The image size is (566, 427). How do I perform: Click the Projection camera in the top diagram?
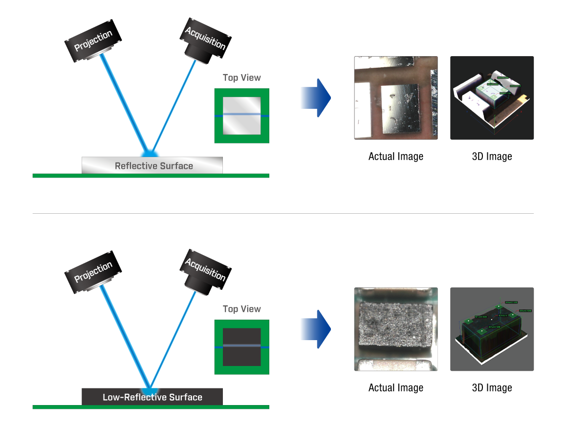[x=93, y=41]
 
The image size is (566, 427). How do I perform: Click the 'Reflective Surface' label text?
[x=153, y=166]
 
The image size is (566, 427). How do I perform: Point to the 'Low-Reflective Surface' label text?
[x=152, y=397]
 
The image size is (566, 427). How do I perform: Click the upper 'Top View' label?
[x=241, y=78]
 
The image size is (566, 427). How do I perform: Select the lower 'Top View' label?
[x=241, y=309]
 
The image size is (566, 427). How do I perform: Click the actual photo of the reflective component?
[x=395, y=98]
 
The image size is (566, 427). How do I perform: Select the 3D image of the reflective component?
[x=492, y=98]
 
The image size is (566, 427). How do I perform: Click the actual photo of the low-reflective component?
[x=395, y=329]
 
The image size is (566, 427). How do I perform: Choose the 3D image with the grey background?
[x=492, y=329]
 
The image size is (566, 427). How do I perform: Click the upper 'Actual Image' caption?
[x=395, y=157]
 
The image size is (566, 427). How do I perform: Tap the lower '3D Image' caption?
[x=492, y=388]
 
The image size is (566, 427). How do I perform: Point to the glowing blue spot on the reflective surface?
[x=152, y=149]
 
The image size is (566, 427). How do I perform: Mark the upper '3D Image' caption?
[x=492, y=157]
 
